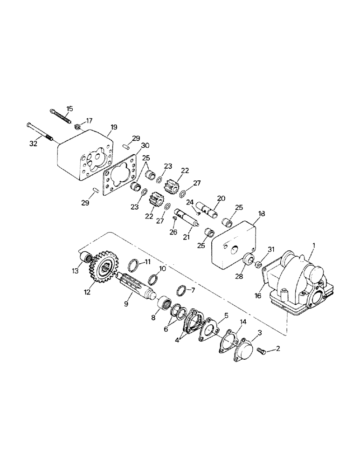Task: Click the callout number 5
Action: (226, 315)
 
